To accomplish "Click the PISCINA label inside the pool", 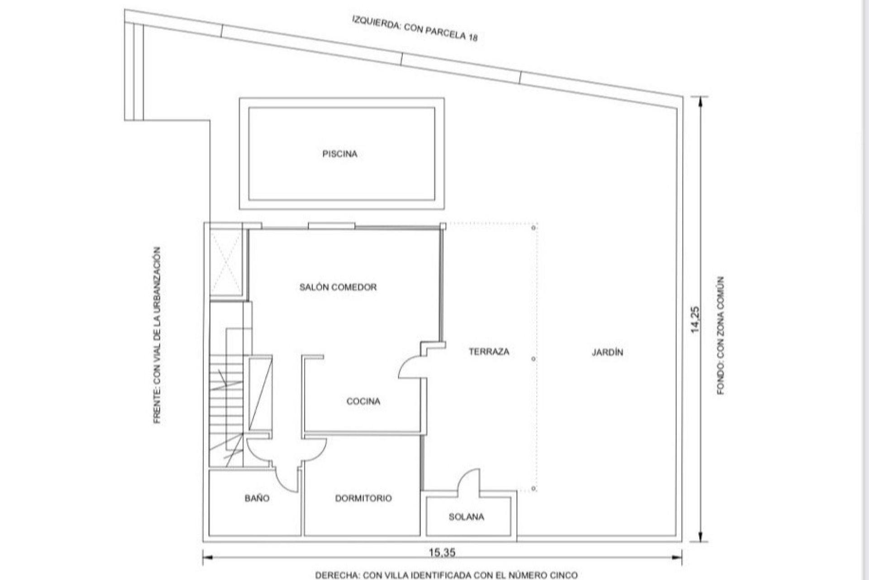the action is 339,154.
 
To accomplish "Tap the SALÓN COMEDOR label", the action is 338,287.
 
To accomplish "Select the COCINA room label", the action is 363,401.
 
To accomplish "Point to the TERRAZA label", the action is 489,351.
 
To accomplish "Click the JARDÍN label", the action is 607,352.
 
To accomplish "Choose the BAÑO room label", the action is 257,498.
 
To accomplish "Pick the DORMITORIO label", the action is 363,498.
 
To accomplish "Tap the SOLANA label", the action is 466,517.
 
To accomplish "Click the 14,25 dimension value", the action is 696,319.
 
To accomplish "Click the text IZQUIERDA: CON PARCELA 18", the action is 415,28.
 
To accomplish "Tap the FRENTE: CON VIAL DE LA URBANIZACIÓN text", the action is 157,335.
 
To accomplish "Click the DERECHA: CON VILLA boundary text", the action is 446,575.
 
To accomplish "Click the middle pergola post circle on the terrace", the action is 534,359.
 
